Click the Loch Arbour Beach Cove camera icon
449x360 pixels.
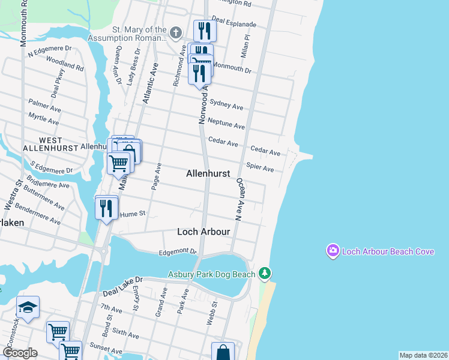pyautogui.click(x=333, y=251)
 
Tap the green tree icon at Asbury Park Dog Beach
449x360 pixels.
pyautogui.click(x=264, y=274)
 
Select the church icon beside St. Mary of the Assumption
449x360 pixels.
pyautogui.click(x=175, y=32)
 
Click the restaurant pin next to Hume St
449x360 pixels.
pyautogui.click(x=106, y=208)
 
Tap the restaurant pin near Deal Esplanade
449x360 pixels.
pyautogui.click(x=205, y=30)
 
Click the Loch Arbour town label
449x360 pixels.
pyautogui.click(x=203, y=232)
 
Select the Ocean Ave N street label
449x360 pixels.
pyautogui.click(x=238, y=199)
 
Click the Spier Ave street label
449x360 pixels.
pyautogui.click(x=260, y=169)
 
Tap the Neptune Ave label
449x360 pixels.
pyautogui.click(x=226, y=124)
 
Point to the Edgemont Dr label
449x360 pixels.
pyautogui.click(x=178, y=252)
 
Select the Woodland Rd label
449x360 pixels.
pyautogui.click(x=65, y=64)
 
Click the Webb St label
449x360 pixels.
pyautogui.click(x=211, y=314)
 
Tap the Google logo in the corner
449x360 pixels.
pyautogui.click(x=20, y=353)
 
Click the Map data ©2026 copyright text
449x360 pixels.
pyautogui.click(x=423, y=355)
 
